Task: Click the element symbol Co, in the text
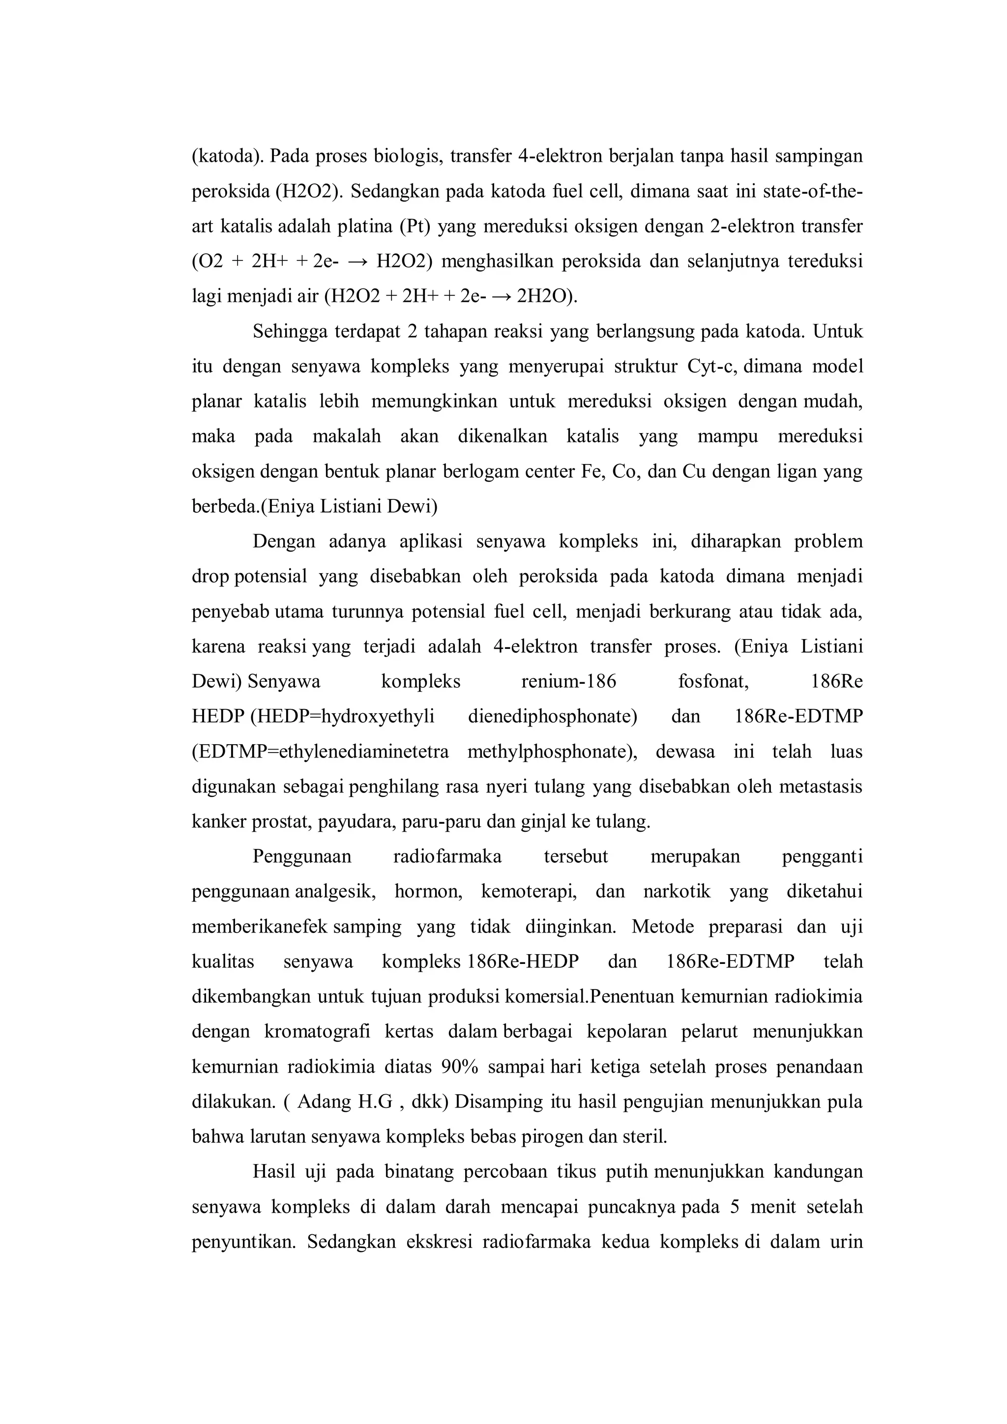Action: coord(626,471)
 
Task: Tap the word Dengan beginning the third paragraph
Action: coord(284,542)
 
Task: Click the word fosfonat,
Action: coord(713,682)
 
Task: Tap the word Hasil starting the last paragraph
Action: coord(273,1172)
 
